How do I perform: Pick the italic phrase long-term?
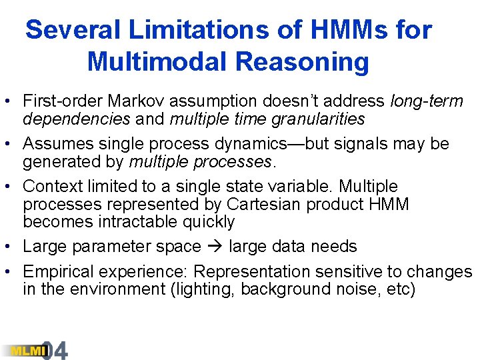point(427,101)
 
